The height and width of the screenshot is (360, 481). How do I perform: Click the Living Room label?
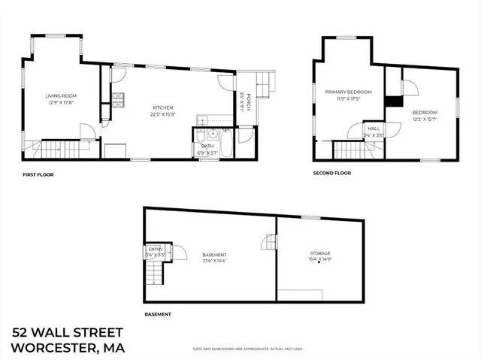62,95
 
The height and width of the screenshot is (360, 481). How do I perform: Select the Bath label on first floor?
207,147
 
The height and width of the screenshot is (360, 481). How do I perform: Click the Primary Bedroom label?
343,92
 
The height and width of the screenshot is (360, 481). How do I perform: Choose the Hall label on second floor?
374,129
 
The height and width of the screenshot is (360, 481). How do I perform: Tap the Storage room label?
320,253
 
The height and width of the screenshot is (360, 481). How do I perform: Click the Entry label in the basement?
156,249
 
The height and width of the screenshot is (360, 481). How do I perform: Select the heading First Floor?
38,175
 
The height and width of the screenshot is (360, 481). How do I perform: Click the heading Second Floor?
332,174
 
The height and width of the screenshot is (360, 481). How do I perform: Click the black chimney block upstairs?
392,101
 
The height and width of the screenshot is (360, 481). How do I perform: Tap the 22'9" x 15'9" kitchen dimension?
164,115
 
